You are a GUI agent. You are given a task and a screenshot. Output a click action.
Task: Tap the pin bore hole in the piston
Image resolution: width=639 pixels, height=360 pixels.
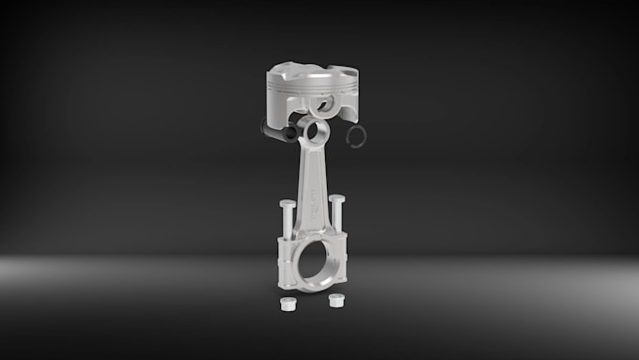point(327,102)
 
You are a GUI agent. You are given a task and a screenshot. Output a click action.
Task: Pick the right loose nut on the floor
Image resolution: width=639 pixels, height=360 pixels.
point(334,302)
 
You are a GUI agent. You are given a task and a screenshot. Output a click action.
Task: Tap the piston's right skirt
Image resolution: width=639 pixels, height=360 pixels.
point(348,111)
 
